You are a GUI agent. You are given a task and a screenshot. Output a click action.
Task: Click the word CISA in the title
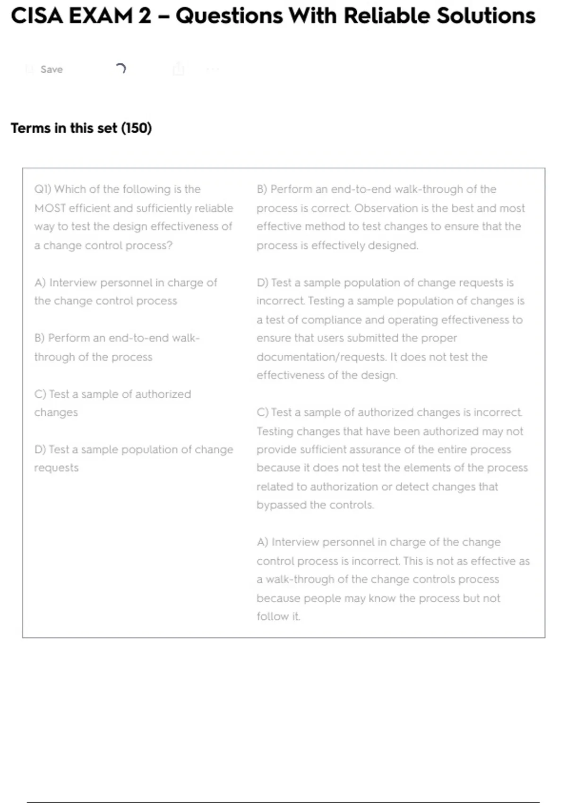pos(37,16)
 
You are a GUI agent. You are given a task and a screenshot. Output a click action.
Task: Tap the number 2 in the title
pos(145,16)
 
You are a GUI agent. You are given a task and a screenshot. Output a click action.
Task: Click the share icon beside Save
pos(179,69)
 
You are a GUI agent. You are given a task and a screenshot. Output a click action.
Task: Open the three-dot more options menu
pos(213,69)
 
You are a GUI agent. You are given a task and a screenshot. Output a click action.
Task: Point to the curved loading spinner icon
pos(121,69)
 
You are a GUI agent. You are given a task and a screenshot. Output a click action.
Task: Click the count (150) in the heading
pos(137,128)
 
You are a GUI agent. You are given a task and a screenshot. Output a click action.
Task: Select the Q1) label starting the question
pos(43,189)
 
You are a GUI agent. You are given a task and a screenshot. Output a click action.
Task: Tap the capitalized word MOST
pos(50,208)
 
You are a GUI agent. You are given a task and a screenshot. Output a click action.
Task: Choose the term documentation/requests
pos(321,357)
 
